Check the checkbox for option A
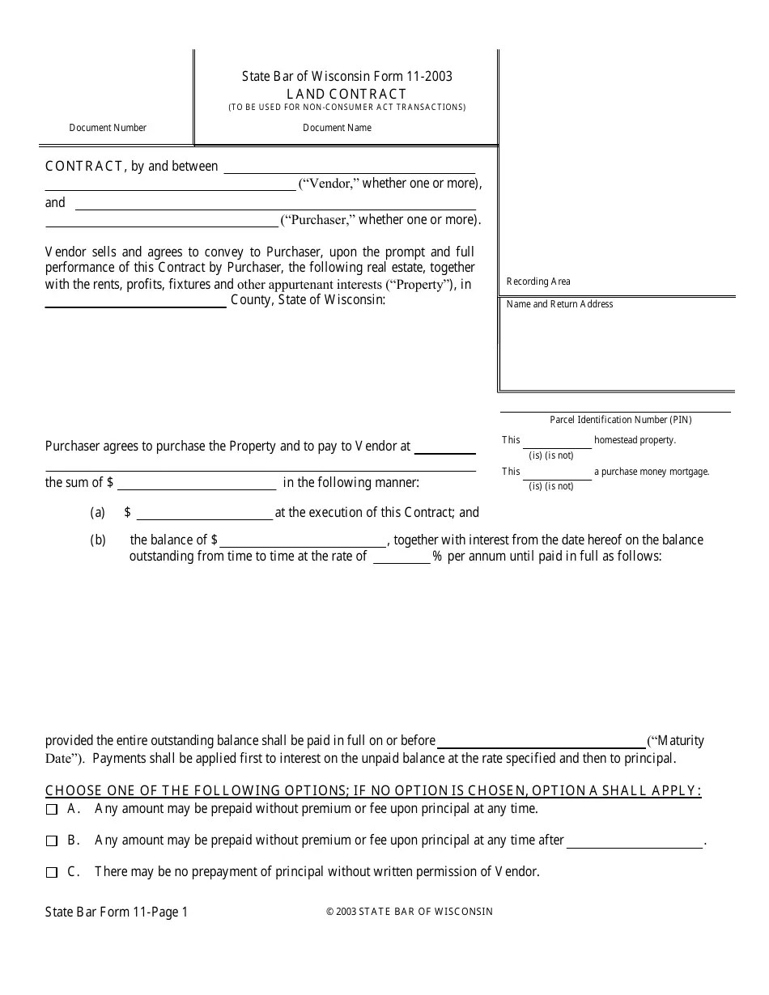[52, 809]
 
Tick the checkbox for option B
[52, 841]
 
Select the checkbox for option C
[52, 873]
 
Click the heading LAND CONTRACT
[346, 94]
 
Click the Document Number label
[108, 128]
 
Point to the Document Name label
[337, 128]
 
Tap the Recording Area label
[538, 282]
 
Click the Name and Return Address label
[559, 304]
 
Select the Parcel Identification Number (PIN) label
[621, 420]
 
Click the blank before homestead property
[557, 442]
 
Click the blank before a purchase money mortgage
[557, 472]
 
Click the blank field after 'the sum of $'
[197, 484]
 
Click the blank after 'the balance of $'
[303, 541]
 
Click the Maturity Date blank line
[541, 742]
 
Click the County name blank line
[135, 302]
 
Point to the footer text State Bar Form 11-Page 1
[117, 912]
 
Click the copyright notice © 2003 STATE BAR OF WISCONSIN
[409, 912]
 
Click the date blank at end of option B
[635, 842]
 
